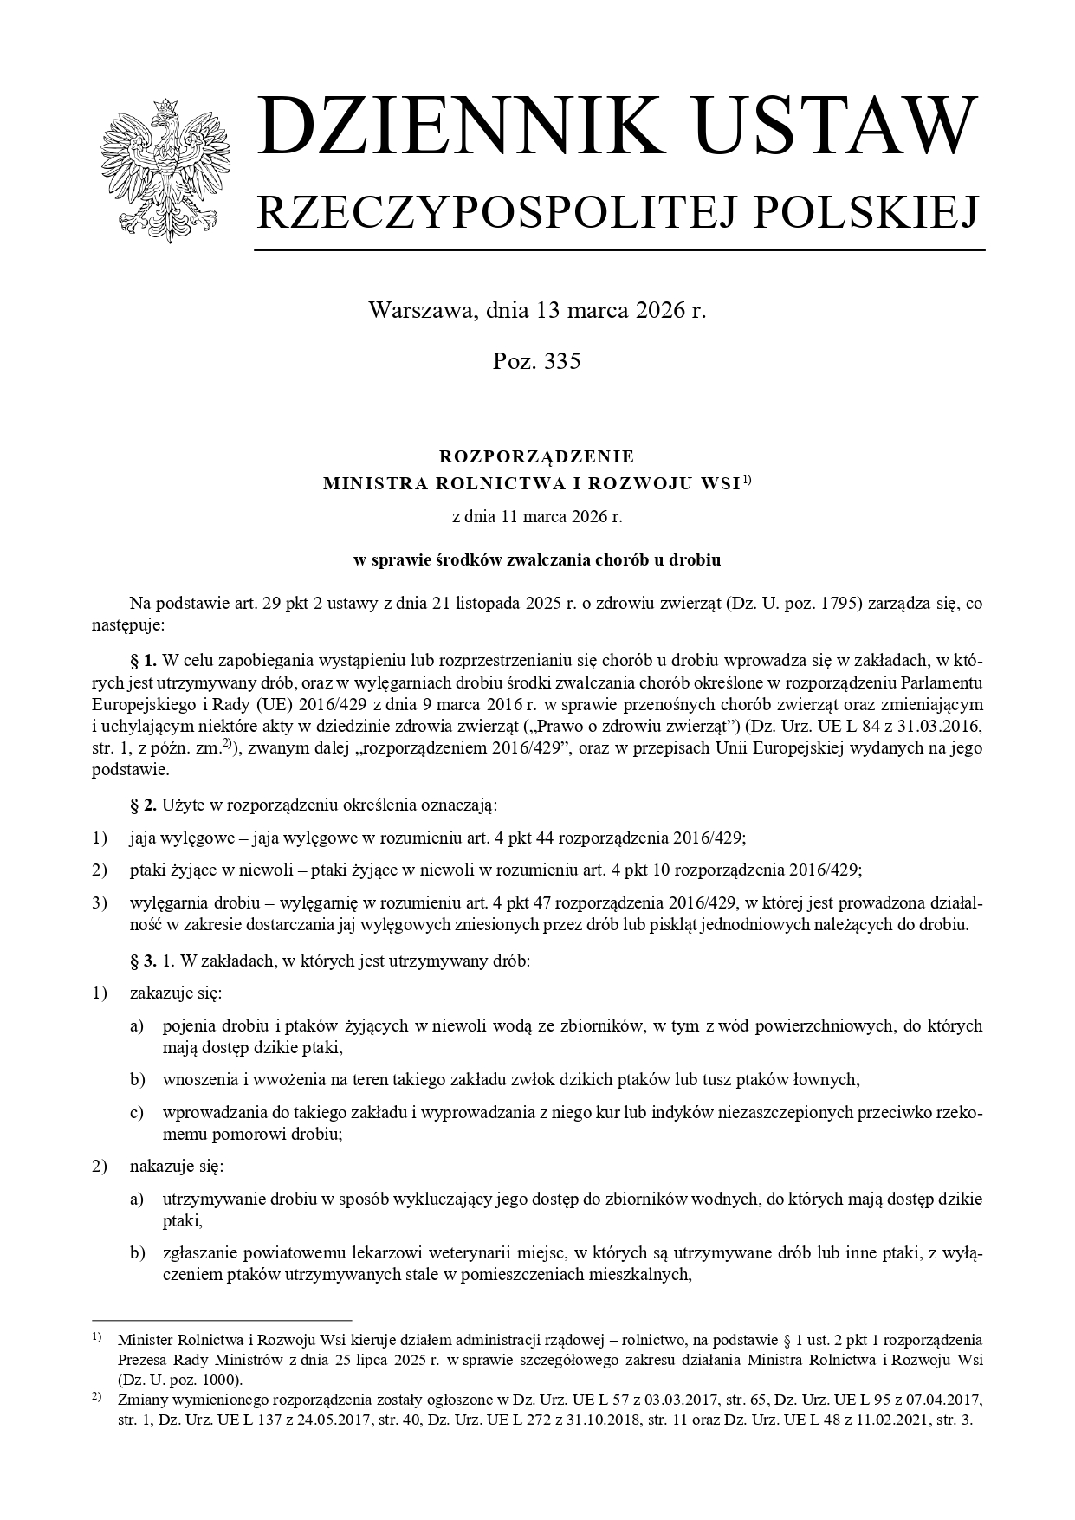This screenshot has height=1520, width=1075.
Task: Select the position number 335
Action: pyautogui.click(x=562, y=361)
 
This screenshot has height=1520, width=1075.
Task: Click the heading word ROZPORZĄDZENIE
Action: pyautogui.click(x=537, y=456)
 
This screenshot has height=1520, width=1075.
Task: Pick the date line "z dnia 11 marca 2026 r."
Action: pyautogui.click(x=537, y=517)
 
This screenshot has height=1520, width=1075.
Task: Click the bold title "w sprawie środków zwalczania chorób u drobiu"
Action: pyautogui.click(x=537, y=560)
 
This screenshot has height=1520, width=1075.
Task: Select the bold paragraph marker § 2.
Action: pyautogui.click(x=143, y=806)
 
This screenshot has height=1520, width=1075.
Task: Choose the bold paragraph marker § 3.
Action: pyautogui.click(x=143, y=961)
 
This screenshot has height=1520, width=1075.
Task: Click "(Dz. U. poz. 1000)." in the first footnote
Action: pyautogui.click(x=180, y=1380)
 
